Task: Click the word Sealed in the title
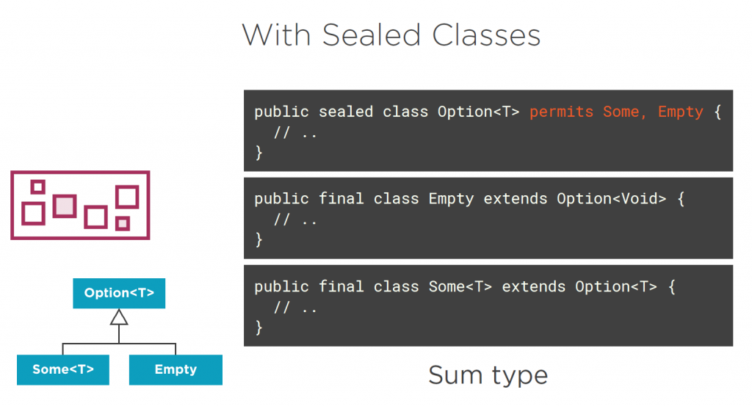371,35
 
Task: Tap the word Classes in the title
486,35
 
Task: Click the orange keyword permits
561,112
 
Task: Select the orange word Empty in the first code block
680,112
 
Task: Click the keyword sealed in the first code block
346,112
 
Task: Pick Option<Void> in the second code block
612,198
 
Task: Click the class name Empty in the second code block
451,199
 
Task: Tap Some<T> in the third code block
460,286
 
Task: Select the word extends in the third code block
534,286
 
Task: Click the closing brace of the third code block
259,327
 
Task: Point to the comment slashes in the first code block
282,132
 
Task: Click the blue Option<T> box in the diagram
119,293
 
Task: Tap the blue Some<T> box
63,369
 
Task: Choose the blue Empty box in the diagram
176,369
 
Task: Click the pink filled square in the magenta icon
65,206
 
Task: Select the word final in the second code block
341,198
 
